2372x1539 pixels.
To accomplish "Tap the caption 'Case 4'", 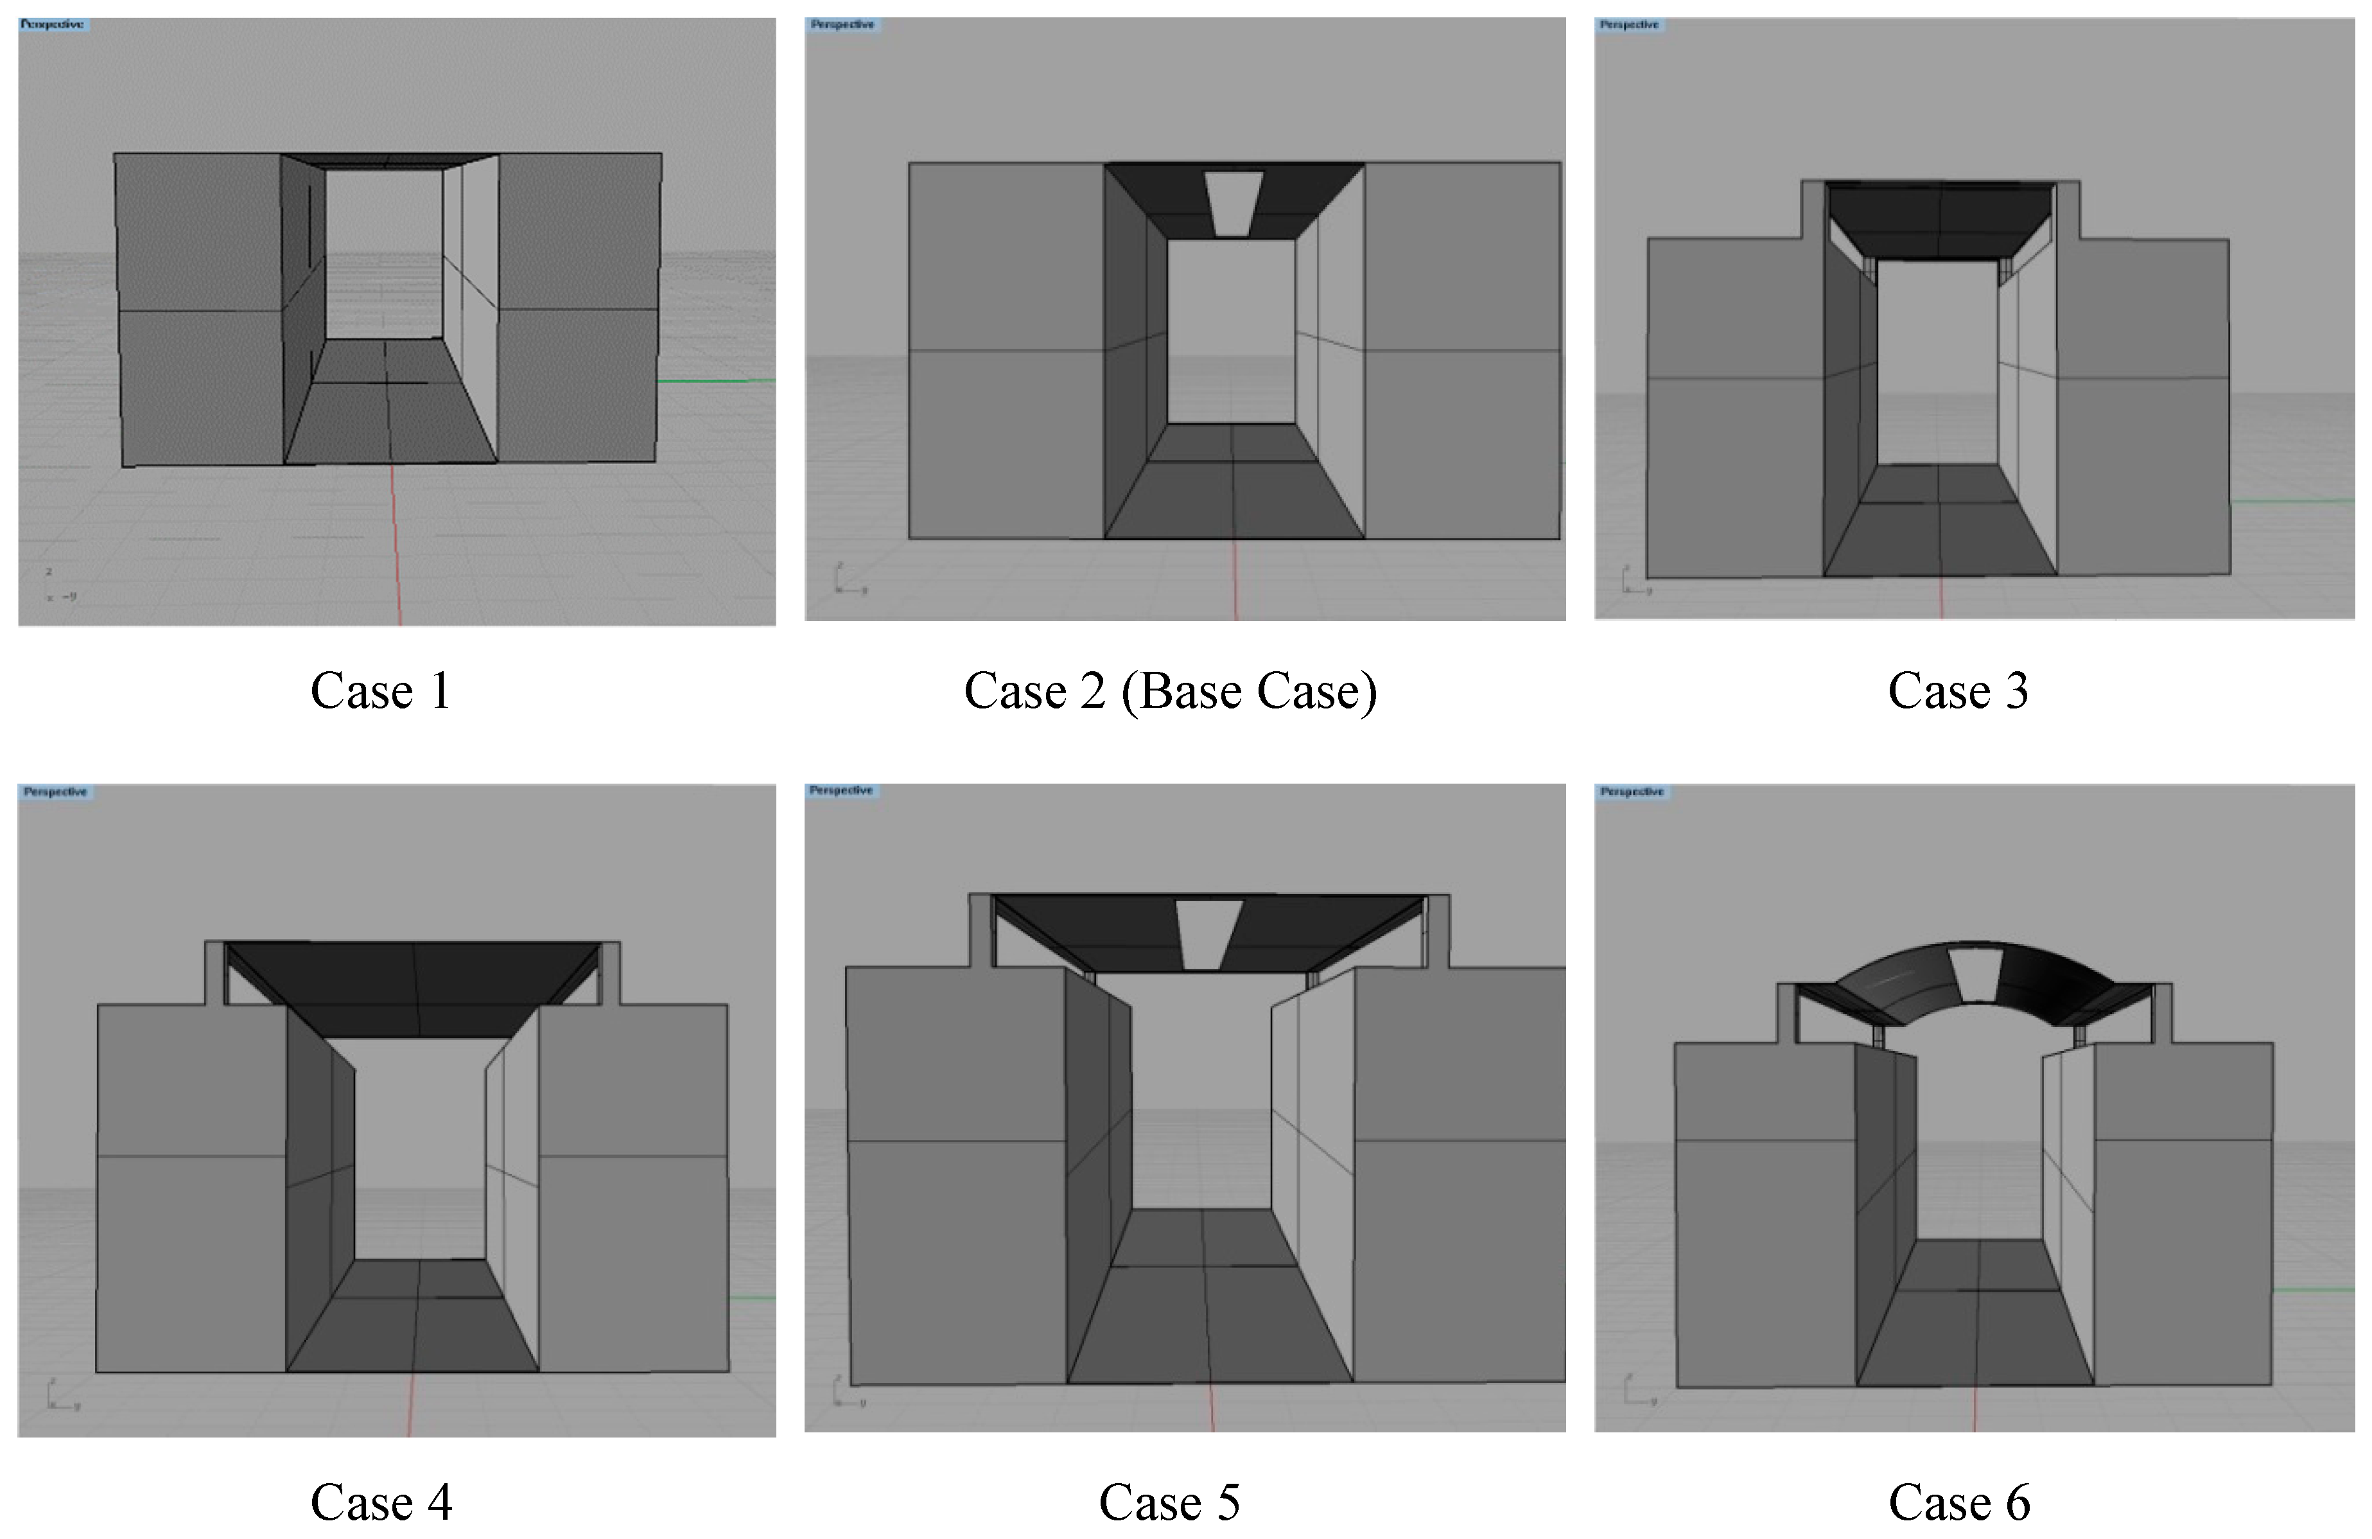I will tap(381, 1502).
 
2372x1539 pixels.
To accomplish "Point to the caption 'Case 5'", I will tap(1169, 1502).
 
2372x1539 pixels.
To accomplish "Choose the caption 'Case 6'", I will tap(1958, 1502).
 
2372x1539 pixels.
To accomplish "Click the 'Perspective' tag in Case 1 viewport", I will tap(53, 24).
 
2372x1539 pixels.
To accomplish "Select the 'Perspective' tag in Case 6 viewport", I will tap(1632, 791).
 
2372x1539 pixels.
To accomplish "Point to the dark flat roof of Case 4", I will tap(414, 987).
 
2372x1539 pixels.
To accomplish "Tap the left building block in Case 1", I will tap(199, 309).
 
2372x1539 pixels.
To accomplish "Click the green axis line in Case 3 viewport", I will tap(2292, 500).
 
